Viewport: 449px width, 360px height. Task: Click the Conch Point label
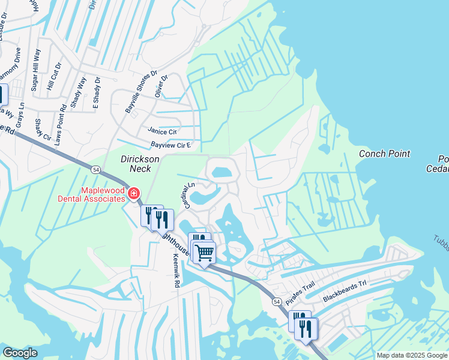click(384, 154)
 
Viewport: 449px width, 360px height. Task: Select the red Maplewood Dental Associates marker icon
click(133, 194)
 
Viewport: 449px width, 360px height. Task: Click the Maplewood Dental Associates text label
click(92, 193)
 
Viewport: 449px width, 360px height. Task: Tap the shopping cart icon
click(204, 252)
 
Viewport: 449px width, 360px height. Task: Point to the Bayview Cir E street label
click(170, 145)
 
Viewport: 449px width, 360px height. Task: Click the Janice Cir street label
click(162, 131)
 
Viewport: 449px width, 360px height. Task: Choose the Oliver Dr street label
click(160, 86)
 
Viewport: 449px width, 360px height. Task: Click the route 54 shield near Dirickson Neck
click(96, 170)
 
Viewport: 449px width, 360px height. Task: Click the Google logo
click(20, 353)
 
